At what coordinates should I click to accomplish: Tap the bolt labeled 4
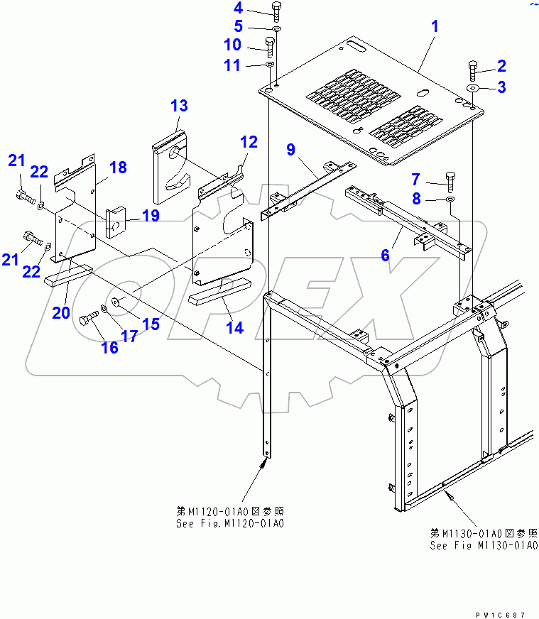[x=276, y=11]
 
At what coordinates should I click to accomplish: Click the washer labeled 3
[x=472, y=87]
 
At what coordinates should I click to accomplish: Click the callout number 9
[x=290, y=150]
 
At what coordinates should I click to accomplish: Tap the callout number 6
[x=386, y=255]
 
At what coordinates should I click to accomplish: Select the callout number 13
[x=179, y=106]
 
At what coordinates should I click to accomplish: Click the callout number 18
[x=118, y=168]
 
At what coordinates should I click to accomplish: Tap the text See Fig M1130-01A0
[x=483, y=545]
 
